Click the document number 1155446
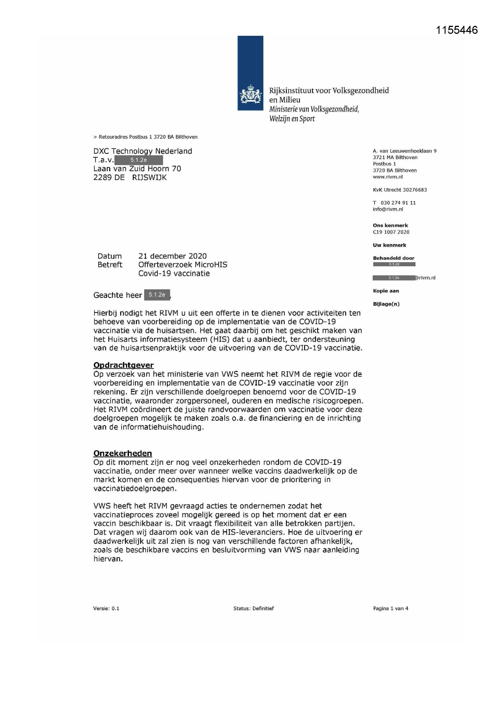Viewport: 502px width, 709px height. [x=456, y=30]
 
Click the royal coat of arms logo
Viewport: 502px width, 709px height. [x=250, y=94]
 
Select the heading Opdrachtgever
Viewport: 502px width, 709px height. [x=123, y=365]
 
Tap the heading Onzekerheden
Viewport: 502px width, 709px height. [x=122, y=453]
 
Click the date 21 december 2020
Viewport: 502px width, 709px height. [x=172, y=256]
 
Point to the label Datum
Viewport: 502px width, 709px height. [x=110, y=256]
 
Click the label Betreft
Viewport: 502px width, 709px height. [x=110, y=265]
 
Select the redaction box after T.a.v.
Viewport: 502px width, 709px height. [x=138, y=160]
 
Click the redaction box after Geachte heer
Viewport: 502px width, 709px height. [x=157, y=294]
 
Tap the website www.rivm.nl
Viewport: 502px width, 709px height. [x=388, y=177]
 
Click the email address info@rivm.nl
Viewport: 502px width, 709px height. [x=388, y=209]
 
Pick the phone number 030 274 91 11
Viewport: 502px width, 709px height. [x=398, y=203]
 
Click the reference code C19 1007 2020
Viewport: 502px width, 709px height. [x=391, y=232]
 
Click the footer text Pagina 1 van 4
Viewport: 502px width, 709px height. [x=390, y=608]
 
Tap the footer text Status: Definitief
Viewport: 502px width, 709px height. [x=253, y=608]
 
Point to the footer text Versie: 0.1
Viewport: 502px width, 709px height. [x=106, y=608]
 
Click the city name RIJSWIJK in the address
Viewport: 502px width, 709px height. [x=149, y=178]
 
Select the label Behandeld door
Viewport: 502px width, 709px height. [x=394, y=258]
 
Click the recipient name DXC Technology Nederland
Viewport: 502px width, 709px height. [x=143, y=151]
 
